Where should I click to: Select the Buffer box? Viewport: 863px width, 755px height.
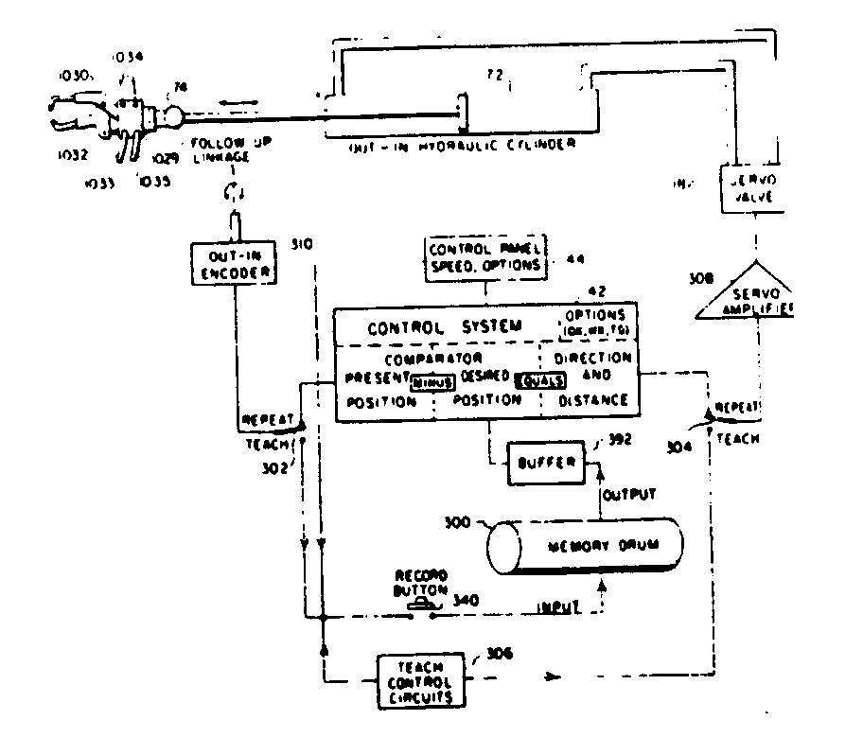coord(537,463)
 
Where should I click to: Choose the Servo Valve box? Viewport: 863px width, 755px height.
coord(754,188)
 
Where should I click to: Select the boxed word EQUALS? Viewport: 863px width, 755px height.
coord(542,380)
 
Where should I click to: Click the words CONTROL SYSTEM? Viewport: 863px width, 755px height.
coord(444,327)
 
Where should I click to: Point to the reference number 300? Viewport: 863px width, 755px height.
coord(462,521)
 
